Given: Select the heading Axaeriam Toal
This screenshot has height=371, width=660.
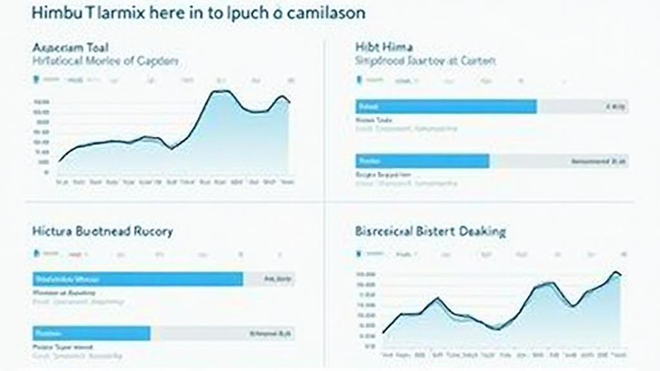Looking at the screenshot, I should pyautogui.click(x=70, y=47).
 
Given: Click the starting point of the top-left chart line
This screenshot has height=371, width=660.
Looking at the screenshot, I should pyautogui.click(x=59, y=161).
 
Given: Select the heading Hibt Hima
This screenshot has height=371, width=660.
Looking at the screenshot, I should pyautogui.click(x=384, y=47).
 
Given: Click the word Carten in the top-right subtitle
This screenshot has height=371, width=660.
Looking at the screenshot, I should pyautogui.click(x=478, y=61).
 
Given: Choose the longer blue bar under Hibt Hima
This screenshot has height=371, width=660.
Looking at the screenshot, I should pyautogui.click(x=445, y=106).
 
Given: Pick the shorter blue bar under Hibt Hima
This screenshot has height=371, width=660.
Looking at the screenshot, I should pyautogui.click(x=422, y=161).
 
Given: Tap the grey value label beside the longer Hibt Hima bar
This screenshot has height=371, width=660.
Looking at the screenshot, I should pyautogui.click(x=616, y=107).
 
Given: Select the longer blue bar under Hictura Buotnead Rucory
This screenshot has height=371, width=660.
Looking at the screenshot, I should pyautogui.click(x=137, y=279).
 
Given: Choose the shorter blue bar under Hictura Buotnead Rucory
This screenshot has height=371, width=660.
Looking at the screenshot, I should pyautogui.click(x=91, y=333).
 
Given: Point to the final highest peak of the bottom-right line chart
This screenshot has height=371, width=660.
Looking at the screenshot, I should pyautogui.click(x=616, y=272).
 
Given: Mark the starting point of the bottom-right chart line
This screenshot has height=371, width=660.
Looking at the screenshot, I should pyautogui.click(x=383, y=333).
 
